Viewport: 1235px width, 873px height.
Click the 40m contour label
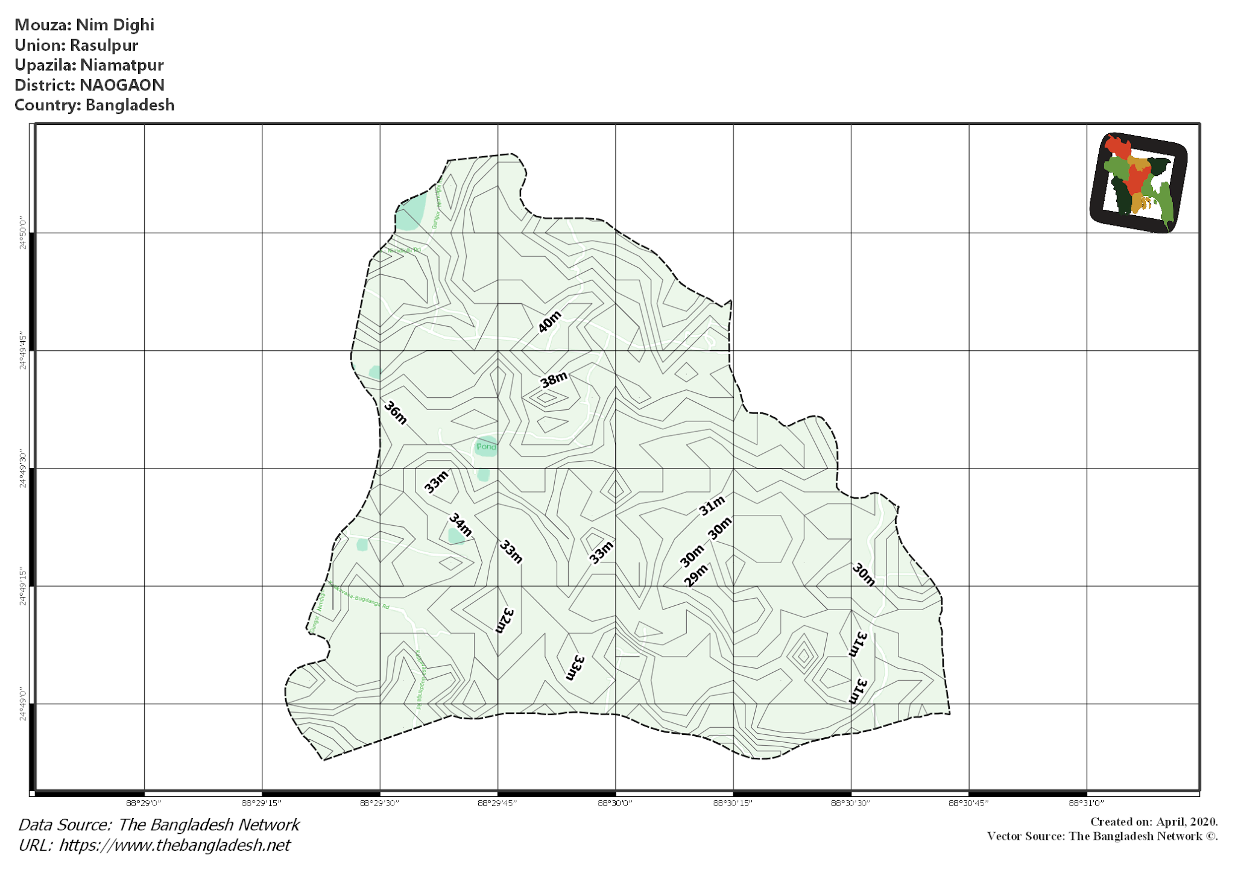point(549,321)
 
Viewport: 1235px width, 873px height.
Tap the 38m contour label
point(553,380)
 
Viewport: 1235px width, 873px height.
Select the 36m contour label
point(396,412)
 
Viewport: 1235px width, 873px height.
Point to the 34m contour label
point(461,525)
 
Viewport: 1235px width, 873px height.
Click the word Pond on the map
point(486,447)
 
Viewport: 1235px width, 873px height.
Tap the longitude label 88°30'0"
point(615,803)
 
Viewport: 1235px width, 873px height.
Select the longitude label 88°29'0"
point(144,803)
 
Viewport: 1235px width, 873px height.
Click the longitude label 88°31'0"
point(1086,803)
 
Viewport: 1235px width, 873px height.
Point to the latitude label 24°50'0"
point(23,233)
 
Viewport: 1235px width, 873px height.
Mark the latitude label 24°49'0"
point(23,704)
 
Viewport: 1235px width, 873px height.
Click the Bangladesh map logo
point(1138,183)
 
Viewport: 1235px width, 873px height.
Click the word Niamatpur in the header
point(122,65)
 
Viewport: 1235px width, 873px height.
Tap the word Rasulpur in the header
point(104,45)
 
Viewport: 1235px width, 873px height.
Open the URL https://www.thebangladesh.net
point(174,845)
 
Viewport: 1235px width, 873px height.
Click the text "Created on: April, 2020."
point(1154,822)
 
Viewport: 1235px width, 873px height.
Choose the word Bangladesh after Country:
point(130,105)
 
